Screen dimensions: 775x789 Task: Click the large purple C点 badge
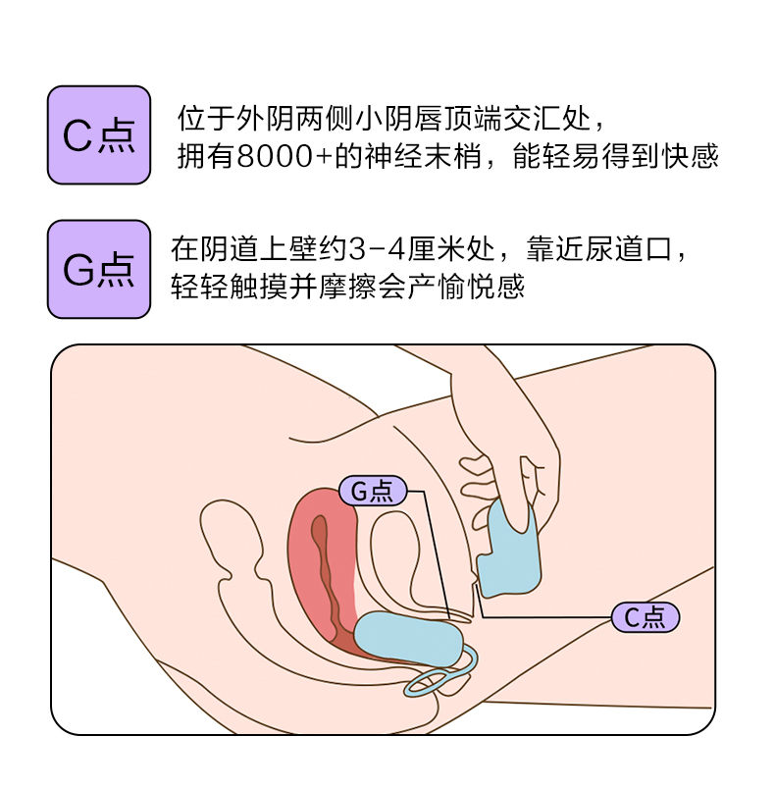99,134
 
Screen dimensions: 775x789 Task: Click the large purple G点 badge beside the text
99,269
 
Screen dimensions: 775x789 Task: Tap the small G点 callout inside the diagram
372,491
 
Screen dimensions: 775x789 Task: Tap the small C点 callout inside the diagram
646,616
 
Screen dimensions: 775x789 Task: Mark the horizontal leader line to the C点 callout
549,616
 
